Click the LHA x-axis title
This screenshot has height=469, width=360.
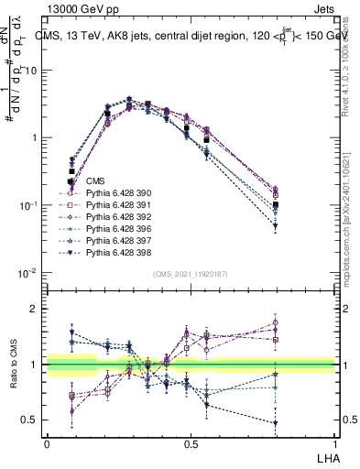[x=324, y=456]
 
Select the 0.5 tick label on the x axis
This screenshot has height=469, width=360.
[x=191, y=444]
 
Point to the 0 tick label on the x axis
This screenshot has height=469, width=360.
[x=47, y=444]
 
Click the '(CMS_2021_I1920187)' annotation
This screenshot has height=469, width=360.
[x=190, y=273]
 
